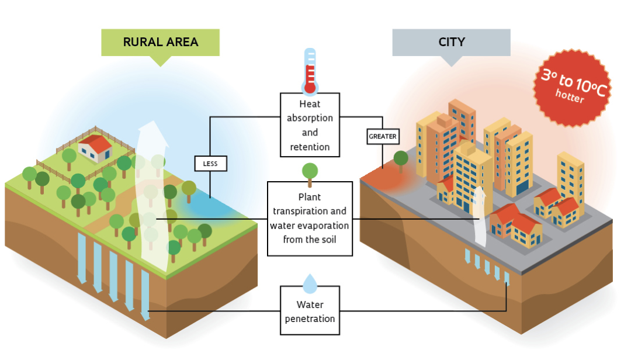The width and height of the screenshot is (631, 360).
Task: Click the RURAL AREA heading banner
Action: click(160, 42)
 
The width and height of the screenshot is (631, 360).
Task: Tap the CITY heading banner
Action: click(451, 42)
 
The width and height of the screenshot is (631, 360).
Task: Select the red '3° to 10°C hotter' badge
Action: click(572, 88)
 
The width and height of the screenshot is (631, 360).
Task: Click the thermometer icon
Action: click(310, 71)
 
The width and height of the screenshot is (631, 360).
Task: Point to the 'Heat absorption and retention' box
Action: click(310, 125)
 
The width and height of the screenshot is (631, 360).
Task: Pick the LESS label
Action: click(210, 164)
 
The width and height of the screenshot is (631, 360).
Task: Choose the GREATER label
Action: click(383, 137)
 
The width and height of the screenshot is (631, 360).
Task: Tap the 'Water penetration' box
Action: click(310, 311)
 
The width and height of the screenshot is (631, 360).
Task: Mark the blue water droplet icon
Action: click(310, 283)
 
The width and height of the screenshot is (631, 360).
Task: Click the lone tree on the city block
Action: click(401, 160)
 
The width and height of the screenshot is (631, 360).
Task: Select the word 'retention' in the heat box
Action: click(310, 147)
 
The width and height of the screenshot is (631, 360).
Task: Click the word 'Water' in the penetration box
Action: click(310, 304)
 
